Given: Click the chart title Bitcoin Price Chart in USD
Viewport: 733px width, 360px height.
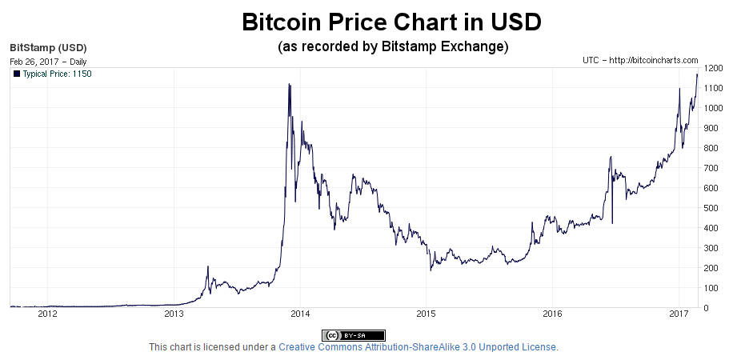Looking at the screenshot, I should (392, 22).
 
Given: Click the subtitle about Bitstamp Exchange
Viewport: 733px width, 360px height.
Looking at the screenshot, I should (393, 46).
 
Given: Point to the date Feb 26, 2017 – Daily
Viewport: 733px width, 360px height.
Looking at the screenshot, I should (48, 61).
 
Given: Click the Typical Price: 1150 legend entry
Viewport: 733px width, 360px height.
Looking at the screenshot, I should (51, 74).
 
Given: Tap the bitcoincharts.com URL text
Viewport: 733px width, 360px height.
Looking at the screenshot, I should (640, 61).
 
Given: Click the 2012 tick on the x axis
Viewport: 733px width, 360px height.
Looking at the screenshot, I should (48, 314).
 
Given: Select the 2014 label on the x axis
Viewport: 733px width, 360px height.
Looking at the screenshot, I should (300, 314).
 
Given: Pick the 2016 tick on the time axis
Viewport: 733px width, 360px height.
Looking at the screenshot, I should (552, 314).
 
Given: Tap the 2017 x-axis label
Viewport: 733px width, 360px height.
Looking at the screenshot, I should (679, 314).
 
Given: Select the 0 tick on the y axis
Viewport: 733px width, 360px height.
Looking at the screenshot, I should (704, 308).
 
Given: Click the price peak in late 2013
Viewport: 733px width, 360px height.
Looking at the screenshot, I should (289, 84).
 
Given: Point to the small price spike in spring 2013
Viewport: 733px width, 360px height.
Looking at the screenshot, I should (208, 267).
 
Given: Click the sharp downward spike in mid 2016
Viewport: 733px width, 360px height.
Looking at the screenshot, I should (612, 222).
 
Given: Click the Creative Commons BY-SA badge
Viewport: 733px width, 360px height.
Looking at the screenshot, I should (354, 335).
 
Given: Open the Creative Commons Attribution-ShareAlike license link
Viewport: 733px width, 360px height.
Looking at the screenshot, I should (417, 347).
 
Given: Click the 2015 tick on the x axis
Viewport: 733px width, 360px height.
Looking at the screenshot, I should (426, 314).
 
